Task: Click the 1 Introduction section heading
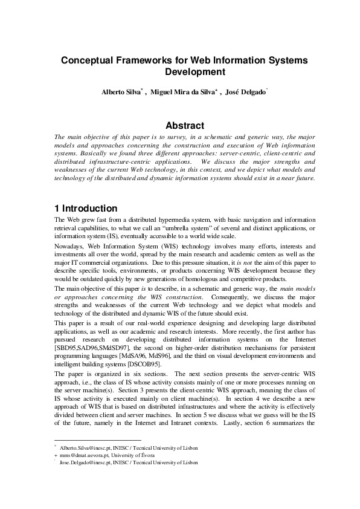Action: (86, 208)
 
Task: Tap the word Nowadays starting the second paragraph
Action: (71, 247)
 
